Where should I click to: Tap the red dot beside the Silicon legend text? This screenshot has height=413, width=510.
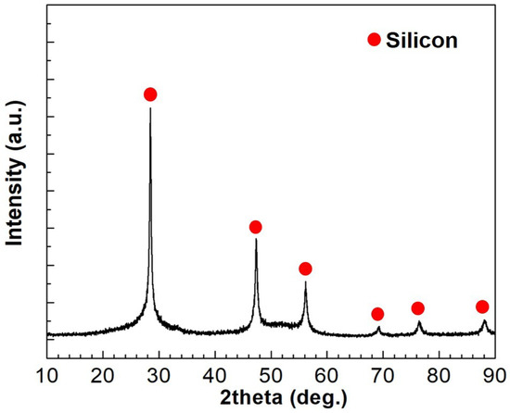[x=374, y=39]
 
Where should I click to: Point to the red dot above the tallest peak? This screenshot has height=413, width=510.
[x=150, y=94]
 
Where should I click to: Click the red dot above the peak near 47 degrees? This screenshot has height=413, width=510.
[x=256, y=227]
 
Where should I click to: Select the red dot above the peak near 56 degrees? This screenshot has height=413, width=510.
[x=305, y=269]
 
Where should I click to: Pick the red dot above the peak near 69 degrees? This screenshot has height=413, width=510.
[x=377, y=314]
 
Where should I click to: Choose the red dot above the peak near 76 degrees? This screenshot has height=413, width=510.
[x=418, y=308]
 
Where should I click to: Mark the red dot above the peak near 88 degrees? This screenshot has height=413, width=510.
[x=482, y=307]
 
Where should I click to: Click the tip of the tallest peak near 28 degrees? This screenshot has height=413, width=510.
[x=150, y=108]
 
